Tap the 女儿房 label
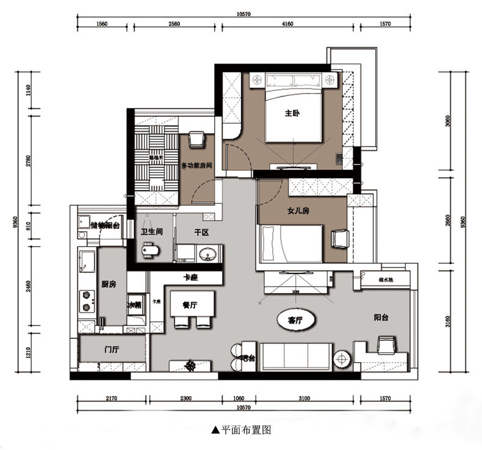(298, 211)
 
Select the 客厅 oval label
(290, 319)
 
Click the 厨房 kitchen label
(108, 284)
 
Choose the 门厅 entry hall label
(111, 350)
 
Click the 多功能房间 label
(197, 166)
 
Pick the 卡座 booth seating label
(192, 277)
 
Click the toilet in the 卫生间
(149, 250)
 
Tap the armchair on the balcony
(386, 345)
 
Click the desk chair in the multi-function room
(196, 140)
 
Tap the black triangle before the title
(215, 430)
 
